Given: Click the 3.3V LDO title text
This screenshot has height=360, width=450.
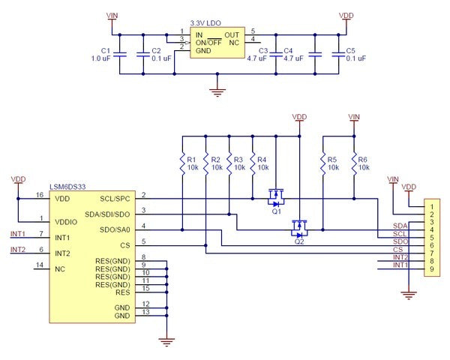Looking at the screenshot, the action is click(x=205, y=23).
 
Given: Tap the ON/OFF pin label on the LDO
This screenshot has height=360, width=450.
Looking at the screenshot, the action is click(x=208, y=43).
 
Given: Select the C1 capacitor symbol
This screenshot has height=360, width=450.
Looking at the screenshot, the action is click(x=120, y=55).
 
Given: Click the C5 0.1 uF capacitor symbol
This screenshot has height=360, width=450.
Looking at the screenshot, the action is click(x=338, y=55).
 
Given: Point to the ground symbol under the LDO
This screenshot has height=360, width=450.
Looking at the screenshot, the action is click(x=217, y=93).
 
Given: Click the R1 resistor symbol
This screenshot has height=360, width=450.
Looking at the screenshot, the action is click(x=182, y=164).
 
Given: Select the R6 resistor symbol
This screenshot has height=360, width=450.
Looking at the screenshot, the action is click(x=354, y=164).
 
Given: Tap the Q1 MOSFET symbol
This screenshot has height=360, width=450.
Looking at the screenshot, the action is click(x=276, y=198).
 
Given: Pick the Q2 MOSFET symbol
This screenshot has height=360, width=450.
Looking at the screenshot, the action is click(x=299, y=229).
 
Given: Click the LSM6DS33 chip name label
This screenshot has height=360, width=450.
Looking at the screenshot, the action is click(x=67, y=187).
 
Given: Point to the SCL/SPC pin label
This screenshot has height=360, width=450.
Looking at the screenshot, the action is click(x=115, y=199).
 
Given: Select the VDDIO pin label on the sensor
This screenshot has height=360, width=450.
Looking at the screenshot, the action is click(x=66, y=222).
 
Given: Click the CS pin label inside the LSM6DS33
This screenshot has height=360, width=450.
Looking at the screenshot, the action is click(x=125, y=245).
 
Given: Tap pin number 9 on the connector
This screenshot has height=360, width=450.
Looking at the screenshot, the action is click(x=432, y=269).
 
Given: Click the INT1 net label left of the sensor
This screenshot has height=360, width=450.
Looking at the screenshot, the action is click(x=18, y=234).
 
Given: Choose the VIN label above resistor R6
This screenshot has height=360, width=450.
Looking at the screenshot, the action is click(x=354, y=117).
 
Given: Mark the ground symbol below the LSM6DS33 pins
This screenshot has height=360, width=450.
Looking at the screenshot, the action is click(x=166, y=342).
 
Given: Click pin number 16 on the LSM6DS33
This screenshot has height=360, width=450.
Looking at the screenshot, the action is click(x=40, y=195).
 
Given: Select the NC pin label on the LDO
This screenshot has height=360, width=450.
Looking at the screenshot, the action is click(x=234, y=43).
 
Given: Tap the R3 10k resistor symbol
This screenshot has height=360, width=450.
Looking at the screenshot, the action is click(x=229, y=164).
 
